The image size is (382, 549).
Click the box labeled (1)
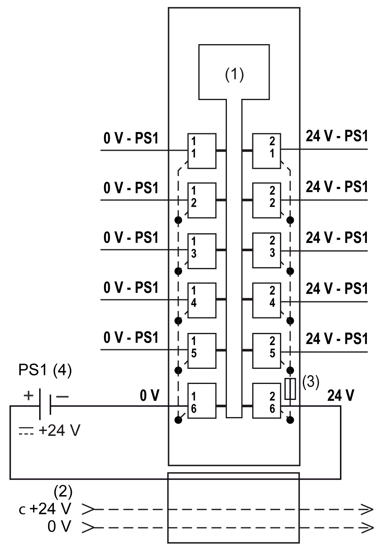click(x=234, y=72)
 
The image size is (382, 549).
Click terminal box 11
click(x=202, y=151)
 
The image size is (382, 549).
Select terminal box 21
click(x=267, y=151)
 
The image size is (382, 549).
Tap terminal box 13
click(x=202, y=251)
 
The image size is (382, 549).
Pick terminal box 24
click(x=267, y=301)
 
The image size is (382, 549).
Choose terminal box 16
click(x=202, y=401)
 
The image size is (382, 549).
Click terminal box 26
click(x=267, y=401)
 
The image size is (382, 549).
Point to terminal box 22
click(x=267, y=201)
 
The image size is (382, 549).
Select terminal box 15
click(x=202, y=351)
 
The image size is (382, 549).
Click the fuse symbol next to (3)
click(x=290, y=389)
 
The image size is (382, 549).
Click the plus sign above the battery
click(x=28, y=395)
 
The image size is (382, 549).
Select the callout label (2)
click(x=63, y=491)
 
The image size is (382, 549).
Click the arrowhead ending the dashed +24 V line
click(x=367, y=509)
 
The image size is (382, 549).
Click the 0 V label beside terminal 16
click(x=149, y=395)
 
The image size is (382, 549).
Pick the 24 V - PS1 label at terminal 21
click(x=337, y=136)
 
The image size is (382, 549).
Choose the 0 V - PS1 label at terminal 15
click(x=131, y=337)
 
